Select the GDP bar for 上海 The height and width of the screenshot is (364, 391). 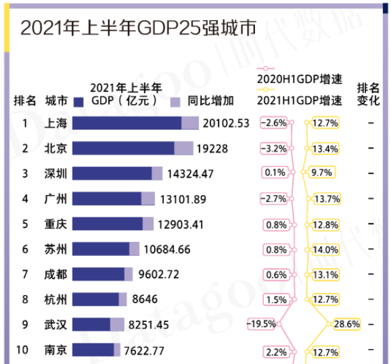tap(135, 123)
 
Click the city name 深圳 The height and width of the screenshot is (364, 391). tap(55, 174)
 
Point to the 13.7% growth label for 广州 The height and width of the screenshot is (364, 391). tap(323, 199)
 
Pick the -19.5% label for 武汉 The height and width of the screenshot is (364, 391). tap(262, 323)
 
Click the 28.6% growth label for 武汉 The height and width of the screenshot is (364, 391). tap(346, 323)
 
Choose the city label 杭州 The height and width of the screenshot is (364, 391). tap(55, 298)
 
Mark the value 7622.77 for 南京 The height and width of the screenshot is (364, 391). tap(142, 350)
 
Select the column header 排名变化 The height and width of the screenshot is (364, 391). tap(369, 94)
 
